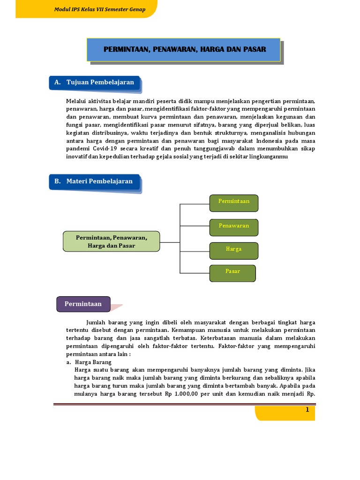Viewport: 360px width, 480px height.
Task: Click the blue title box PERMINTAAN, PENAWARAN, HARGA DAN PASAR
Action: [184, 50]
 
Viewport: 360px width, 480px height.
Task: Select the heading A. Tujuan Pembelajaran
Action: [95, 82]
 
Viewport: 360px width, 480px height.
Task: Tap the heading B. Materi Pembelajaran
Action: [94, 181]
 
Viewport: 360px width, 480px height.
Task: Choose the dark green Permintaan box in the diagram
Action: [233, 202]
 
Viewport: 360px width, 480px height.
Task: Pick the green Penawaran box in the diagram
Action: [233, 226]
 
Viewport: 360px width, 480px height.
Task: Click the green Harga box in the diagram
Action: [233, 249]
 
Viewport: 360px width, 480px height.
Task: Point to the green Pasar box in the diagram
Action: [232, 272]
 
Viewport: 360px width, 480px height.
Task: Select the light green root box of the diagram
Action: [112, 241]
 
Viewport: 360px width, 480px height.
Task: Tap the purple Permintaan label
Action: [83, 304]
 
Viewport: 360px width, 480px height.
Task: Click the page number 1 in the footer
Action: [307, 410]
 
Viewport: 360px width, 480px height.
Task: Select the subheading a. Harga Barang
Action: [89, 362]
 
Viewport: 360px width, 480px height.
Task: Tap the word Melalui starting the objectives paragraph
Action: [76, 101]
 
